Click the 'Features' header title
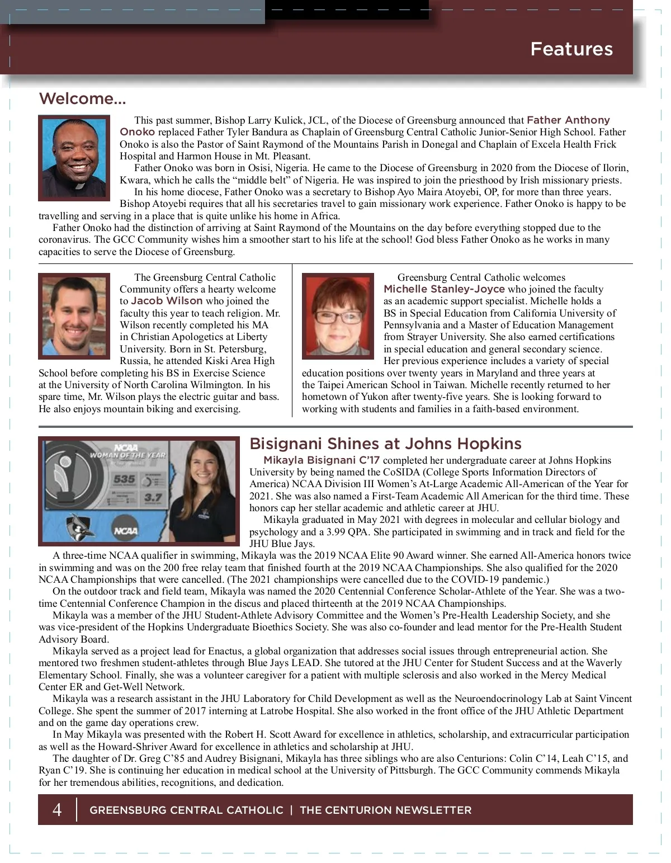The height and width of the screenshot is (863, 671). point(571,49)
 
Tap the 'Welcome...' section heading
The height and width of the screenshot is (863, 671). point(82,99)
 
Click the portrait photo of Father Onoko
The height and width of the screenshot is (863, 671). point(74,157)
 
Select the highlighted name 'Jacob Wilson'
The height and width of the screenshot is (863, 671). point(167,301)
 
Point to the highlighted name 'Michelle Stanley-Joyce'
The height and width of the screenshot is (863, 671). point(444,289)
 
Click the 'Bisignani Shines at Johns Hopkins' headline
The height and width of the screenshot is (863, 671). point(385,444)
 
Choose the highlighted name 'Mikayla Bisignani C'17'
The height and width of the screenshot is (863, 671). point(322,460)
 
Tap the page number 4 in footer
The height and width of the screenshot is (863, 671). point(57,809)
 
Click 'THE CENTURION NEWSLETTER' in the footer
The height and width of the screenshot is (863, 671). point(385,810)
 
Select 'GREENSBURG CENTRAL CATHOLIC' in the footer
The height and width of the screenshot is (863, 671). point(186,810)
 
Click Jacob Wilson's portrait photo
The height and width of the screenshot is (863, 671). point(74,315)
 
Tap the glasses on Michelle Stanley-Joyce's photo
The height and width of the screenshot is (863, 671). point(337,317)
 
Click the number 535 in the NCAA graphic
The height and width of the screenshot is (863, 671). point(124,479)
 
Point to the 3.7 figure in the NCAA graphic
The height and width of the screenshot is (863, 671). point(153,497)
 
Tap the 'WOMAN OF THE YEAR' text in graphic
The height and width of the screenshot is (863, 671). point(128,455)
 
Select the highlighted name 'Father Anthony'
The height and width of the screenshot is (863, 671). point(568,120)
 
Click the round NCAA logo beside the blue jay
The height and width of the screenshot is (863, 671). point(126,530)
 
